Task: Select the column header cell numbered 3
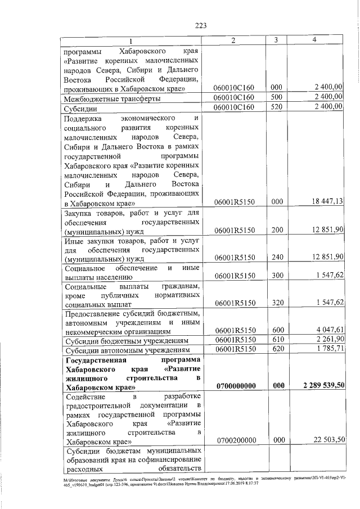point(276,41)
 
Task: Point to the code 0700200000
point(235,441)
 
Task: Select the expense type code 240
point(276,257)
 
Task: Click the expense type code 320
point(276,303)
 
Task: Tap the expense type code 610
point(276,340)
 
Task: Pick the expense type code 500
point(276,98)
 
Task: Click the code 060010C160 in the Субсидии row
point(235,107)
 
